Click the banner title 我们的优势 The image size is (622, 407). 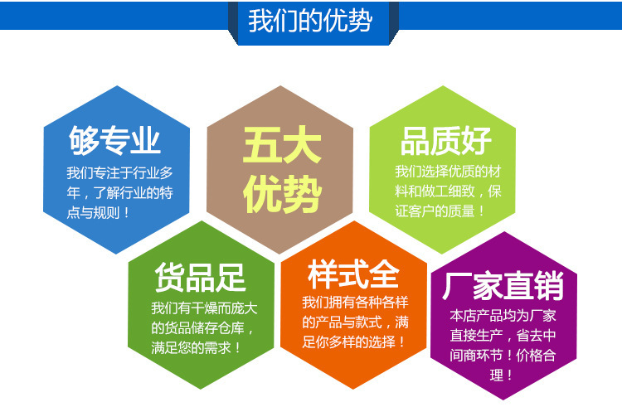[x=310, y=21]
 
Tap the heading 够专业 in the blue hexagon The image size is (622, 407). [x=114, y=141]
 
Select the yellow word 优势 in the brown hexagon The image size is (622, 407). [x=281, y=196]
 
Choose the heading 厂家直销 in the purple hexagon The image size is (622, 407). [x=504, y=286]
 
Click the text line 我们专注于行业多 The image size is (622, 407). [x=119, y=173]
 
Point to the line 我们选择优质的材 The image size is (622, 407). [x=449, y=172]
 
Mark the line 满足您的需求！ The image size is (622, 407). [x=197, y=347]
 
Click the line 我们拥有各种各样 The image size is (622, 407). [x=355, y=303]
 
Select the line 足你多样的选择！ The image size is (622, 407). [x=355, y=341]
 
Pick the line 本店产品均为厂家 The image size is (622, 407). [x=503, y=316]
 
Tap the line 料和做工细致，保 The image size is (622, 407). [x=449, y=191]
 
